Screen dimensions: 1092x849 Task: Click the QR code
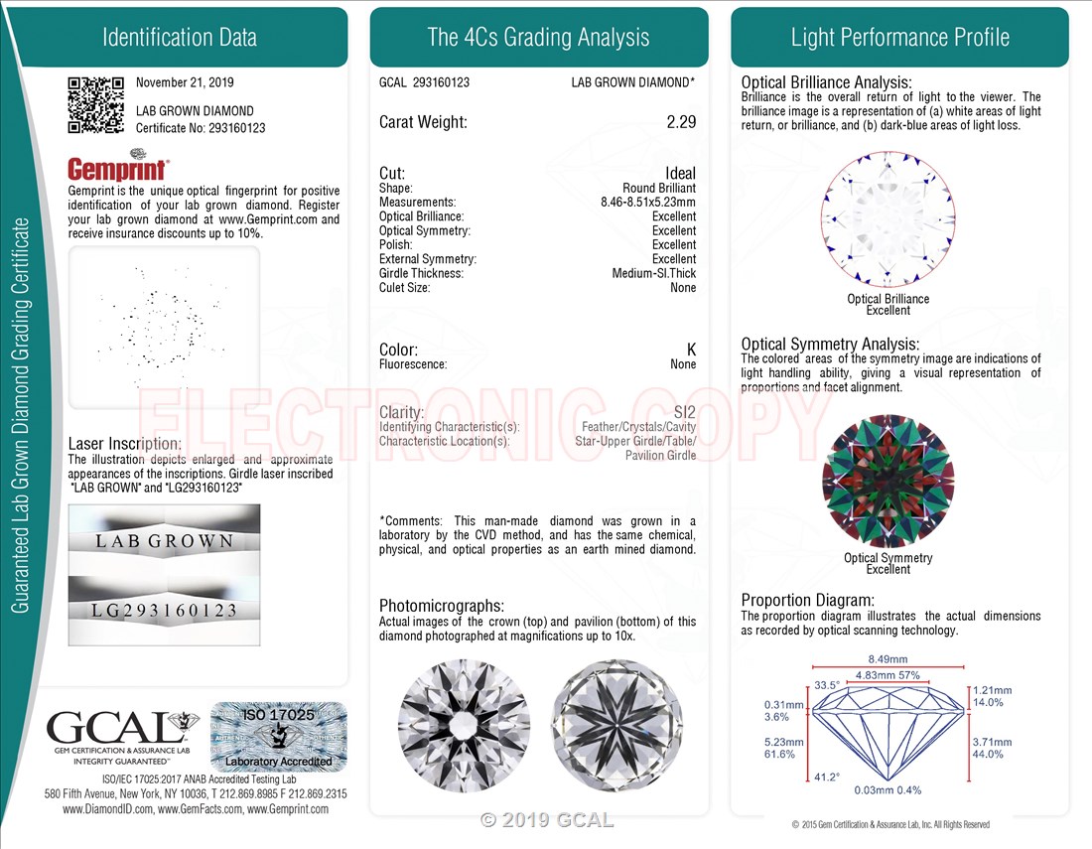click(x=96, y=104)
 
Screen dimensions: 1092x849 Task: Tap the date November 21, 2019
click(x=185, y=82)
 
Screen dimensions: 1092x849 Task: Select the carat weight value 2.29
click(x=681, y=122)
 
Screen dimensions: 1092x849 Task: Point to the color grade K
click(x=691, y=350)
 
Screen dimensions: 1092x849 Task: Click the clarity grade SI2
click(x=685, y=412)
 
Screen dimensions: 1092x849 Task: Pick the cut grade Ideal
click(x=680, y=173)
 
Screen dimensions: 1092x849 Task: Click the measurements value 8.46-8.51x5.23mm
click(x=648, y=202)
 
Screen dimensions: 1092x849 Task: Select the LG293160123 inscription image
click(x=165, y=610)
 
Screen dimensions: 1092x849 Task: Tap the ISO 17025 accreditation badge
click(x=279, y=737)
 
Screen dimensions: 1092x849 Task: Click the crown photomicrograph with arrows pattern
click(x=464, y=726)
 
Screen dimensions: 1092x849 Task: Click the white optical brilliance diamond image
click(x=887, y=218)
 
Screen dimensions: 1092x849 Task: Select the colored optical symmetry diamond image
click(x=887, y=482)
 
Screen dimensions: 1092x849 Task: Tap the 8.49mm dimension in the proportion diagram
click(x=887, y=659)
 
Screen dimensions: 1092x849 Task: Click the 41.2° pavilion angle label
click(x=827, y=777)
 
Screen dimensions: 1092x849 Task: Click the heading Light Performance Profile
click(x=899, y=37)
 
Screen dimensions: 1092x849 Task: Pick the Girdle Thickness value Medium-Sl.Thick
click(x=654, y=273)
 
